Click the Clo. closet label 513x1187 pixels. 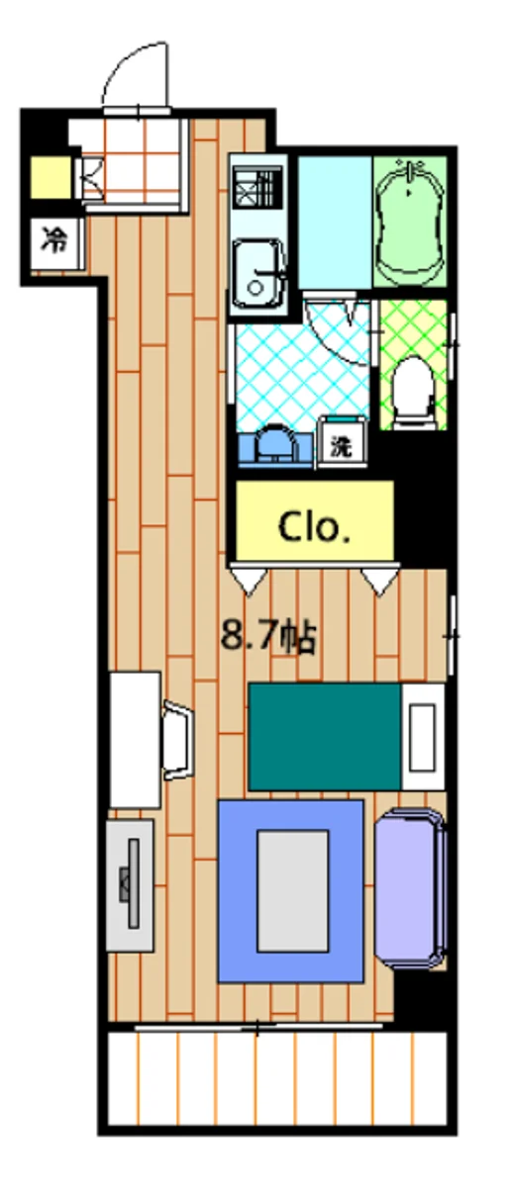pyautogui.click(x=314, y=527)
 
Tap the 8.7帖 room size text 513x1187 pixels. pyautogui.click(x=268, y=635)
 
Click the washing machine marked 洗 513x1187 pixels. pyautogui.click(x=342, y=444)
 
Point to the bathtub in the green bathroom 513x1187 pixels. pyautogui.click(x=409, y=222)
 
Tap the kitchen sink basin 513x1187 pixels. pyautogui.click(x=257, y=274)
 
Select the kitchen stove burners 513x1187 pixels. pyautogui.click(x=257, y=188)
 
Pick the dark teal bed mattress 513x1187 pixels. pyautogui.click(x=324, y=737)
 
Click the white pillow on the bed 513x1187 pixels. pyautogui.click(x=423, y=737)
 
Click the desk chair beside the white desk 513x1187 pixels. pyautogui.click(x=177, y=740)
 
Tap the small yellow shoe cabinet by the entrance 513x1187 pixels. pyautogui.click(x=51, y=177)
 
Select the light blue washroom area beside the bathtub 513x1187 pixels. pyautogui.click(x=335, y=223)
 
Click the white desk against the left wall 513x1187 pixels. pyautogui.click(x=136, y=740)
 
